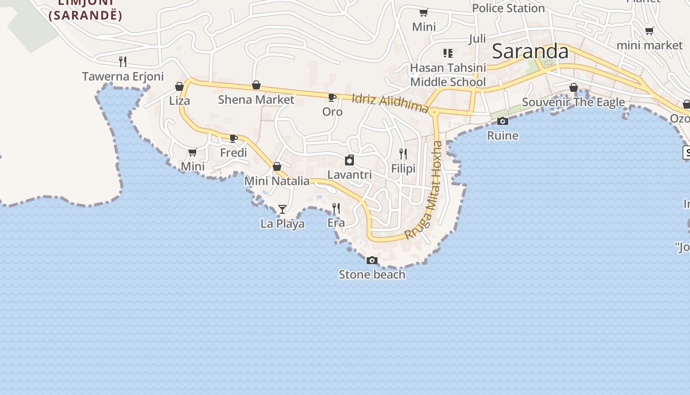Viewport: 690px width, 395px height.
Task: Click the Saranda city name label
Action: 530,51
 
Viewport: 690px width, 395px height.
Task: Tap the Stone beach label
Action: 372,275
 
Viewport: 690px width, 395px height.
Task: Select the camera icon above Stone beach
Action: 372,260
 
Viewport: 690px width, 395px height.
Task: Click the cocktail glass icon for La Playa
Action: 282,209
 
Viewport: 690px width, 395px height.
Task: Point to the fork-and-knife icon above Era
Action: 336,208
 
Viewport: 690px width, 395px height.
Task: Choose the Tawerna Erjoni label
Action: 123,77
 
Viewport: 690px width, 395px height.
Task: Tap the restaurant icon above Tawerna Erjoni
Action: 123,61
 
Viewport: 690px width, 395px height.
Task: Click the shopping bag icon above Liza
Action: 179,87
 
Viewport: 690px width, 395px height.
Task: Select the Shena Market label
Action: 256,99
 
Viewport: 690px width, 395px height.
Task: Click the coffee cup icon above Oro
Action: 332,97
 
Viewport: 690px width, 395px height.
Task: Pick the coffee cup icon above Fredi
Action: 234,138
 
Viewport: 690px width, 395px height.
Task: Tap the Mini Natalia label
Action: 277,181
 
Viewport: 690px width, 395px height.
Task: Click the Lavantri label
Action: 349,175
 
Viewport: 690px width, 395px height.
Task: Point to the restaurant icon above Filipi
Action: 403,154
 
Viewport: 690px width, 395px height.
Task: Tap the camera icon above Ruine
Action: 503,121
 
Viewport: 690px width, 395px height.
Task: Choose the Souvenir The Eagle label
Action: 573,102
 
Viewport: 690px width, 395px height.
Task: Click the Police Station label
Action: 508,8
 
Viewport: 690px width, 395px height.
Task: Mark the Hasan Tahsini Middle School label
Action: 448,75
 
